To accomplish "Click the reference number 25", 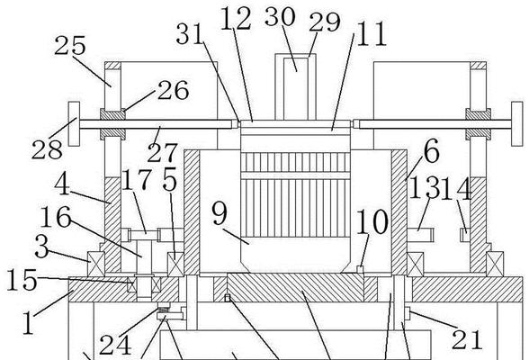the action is (70, 45).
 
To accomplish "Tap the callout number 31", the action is (191, 33).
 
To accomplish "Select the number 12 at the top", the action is (236, 19).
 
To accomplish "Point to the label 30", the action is (280, 16).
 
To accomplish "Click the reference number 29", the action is (325, 22).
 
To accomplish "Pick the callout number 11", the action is (371, 34).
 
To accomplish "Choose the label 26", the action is (173, 90).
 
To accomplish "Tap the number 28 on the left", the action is (47, 149).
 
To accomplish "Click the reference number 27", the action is (162, 153).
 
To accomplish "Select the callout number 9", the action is (220, 213).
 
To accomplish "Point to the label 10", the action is (372, 221).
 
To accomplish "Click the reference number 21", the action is (467, 339).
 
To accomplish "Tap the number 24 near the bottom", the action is (115, 345).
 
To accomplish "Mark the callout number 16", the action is (56, 217).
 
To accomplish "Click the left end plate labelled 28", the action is (74, 124).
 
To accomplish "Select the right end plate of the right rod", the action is (516, 124).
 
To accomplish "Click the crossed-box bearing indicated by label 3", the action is (95, 264).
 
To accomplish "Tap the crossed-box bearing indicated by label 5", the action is (175, 265).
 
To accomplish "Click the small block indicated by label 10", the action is (360, 269).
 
